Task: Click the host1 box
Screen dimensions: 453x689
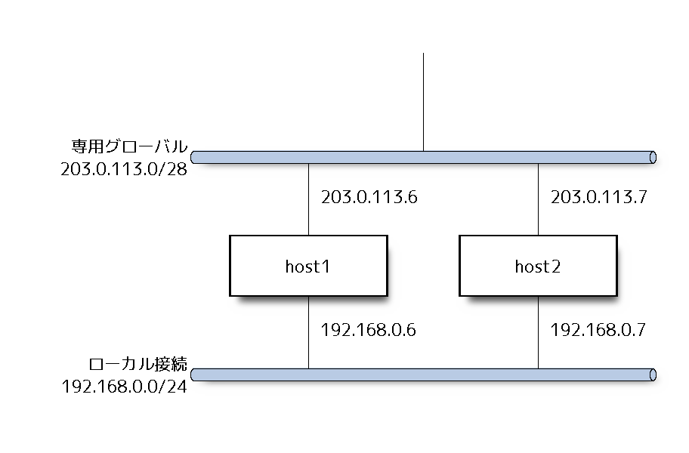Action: [308, 266]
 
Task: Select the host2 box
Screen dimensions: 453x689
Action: [538, 266]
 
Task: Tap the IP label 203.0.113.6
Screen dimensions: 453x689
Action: [369, 198]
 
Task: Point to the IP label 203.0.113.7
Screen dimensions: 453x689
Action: [598, 198]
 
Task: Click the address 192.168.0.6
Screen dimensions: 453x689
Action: [369, 330]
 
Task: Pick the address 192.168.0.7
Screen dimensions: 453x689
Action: [598, 330]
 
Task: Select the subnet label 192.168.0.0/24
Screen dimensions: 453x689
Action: [124, 387]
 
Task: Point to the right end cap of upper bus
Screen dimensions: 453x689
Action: [653, 157]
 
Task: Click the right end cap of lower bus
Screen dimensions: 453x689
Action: [653, 374]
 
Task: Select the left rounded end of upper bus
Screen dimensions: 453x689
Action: [194, 157]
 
